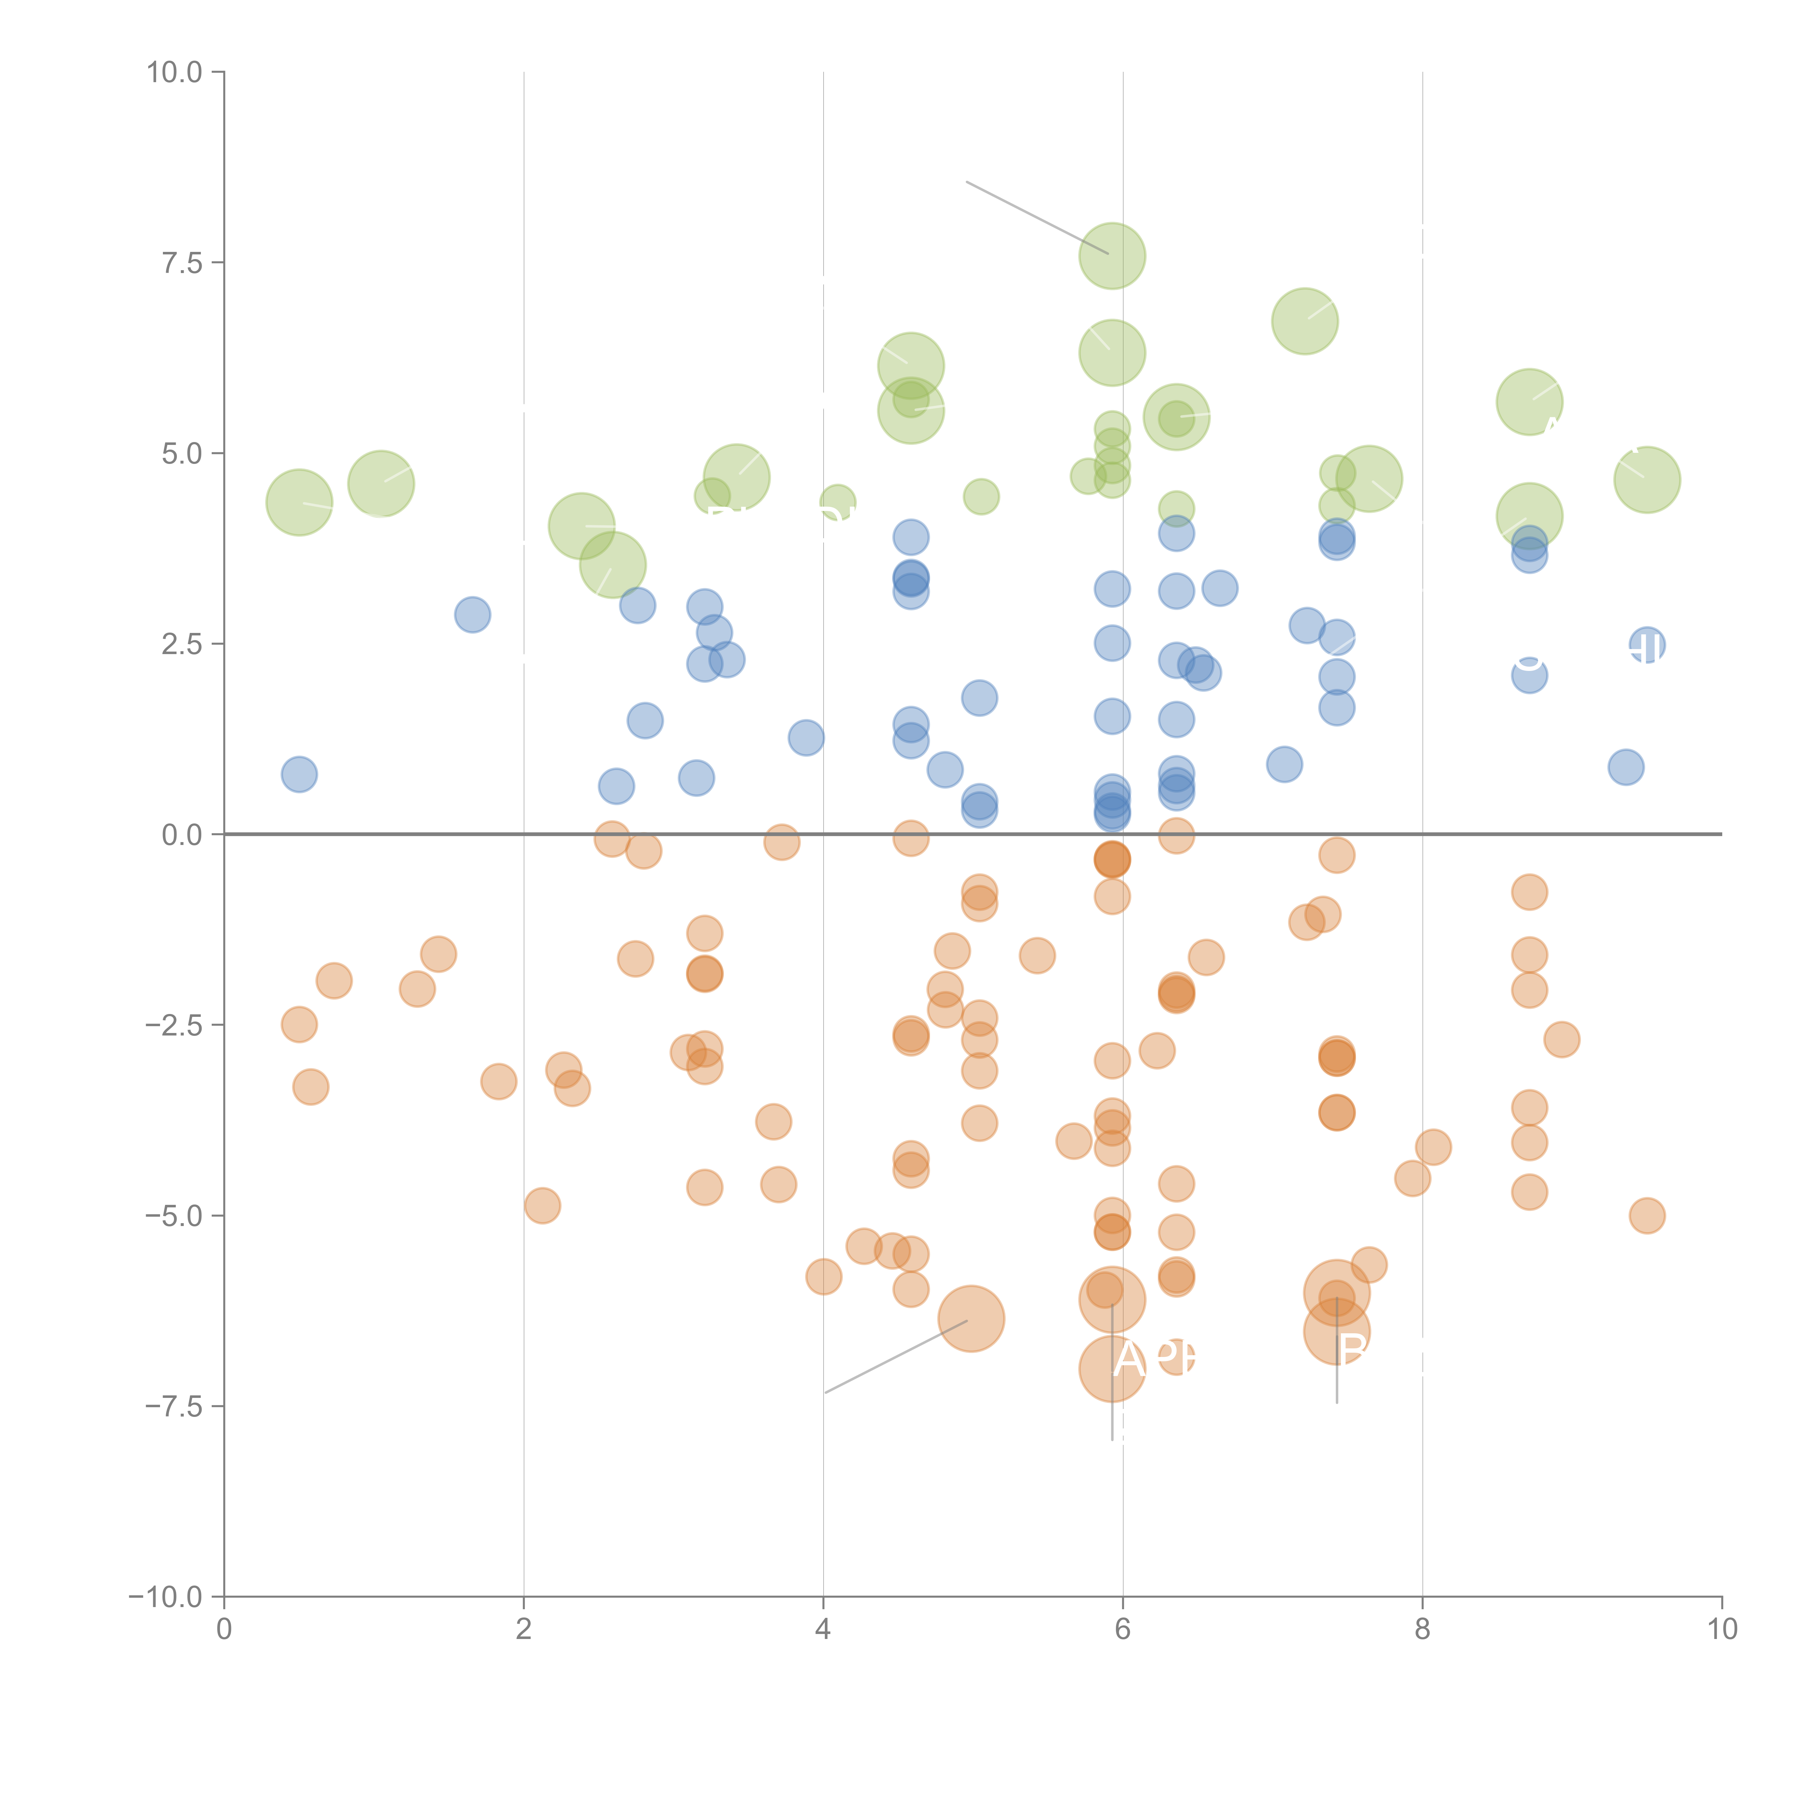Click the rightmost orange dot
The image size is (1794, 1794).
[x=1647, y=1216]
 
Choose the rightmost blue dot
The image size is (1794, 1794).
[x=1647, y=645]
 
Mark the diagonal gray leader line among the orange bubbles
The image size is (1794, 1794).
[x=896, y=1356]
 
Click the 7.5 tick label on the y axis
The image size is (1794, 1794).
[x=182, y=263]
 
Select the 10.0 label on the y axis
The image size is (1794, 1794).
[x=175, y=72]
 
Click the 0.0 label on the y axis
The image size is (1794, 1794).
[x=182, y=835]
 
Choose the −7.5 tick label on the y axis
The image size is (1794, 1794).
[x=175, y=1406]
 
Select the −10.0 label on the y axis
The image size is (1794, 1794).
[x=167, y=1597]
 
